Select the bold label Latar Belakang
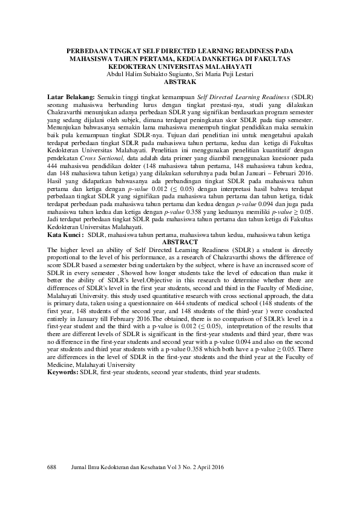[70, 97]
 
